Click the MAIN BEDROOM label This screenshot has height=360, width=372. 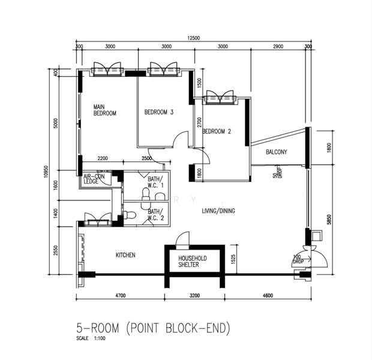pos(104,110)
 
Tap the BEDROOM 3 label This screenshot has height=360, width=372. pos(159,112)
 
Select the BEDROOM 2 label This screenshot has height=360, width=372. pos(217,131)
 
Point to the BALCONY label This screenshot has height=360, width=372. pos(277,152)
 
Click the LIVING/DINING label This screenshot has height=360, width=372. pos(218,211)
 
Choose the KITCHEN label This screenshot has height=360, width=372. pos(125,255)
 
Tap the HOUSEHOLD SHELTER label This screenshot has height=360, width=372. pos(193,262)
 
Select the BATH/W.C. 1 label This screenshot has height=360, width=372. pos(155,182)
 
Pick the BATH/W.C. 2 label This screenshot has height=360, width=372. pos(155,215)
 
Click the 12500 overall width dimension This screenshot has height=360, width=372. pos(194,38)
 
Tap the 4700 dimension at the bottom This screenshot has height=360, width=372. pos(121,295)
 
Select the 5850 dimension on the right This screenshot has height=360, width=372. pos(329,220)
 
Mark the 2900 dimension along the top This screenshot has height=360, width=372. pos(278,47)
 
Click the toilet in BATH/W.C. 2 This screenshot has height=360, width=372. pos(128,215)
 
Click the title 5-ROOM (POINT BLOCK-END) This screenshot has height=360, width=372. pos(153,328)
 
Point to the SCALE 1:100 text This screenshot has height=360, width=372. pos(91,338)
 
